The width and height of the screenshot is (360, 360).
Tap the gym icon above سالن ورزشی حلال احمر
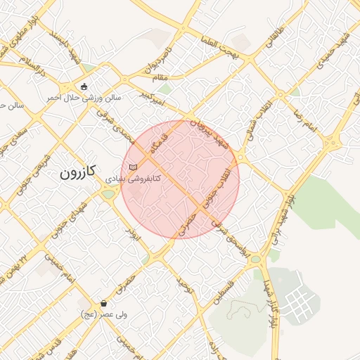coord(84,87)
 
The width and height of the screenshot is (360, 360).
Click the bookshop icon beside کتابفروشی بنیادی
coord(133,167)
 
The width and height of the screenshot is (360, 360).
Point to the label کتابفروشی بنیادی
coord(133,179)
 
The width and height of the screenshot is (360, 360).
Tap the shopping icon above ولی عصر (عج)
coord(104,304)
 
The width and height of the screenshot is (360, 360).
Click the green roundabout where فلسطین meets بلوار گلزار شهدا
coord(255,259)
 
